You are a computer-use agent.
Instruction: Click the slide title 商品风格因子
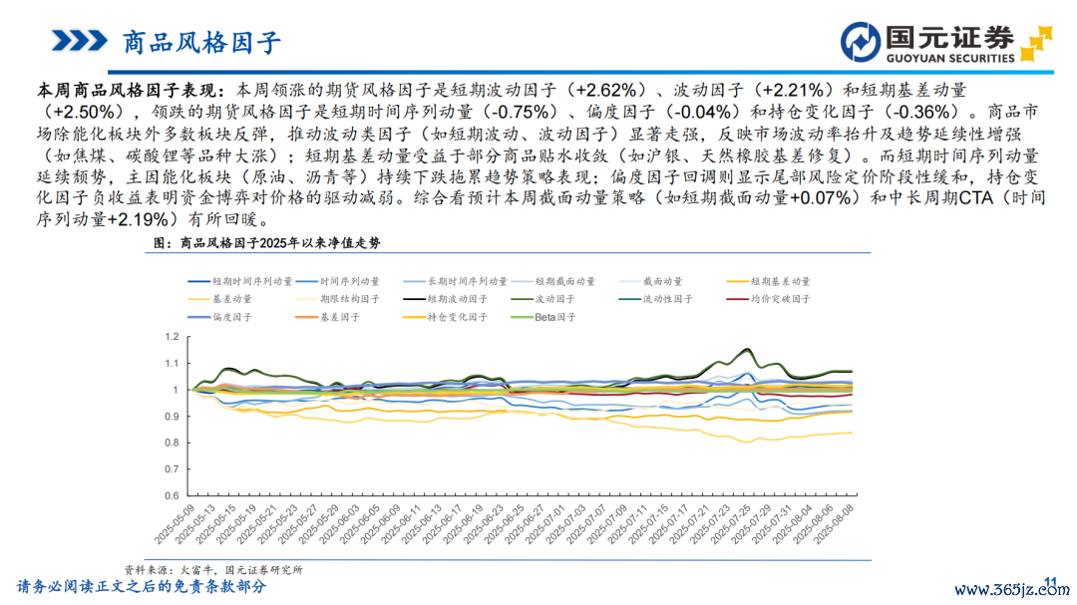(x=201, y=42)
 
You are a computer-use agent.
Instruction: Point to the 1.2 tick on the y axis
(x=169, y=338)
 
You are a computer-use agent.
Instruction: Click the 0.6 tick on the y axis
(x=169, y=495)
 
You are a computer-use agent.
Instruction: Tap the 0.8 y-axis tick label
(x=169, y=443)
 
